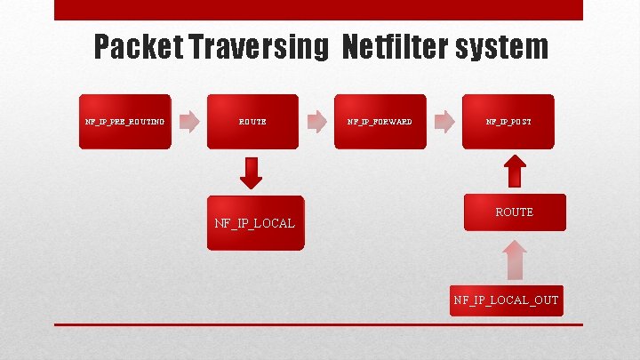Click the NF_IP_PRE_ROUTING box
124,121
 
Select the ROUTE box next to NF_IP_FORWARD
252,121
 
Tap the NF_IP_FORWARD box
380,121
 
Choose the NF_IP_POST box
508,121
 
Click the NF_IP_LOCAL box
254,222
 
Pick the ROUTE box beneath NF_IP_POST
515,212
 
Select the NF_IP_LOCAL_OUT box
506,300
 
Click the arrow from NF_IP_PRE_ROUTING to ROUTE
188,121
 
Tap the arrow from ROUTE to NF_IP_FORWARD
316,121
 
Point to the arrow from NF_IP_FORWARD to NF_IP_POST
444,121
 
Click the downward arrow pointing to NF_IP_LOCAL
252,172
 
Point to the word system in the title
504,46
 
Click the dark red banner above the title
318,10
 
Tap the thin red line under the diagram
318,324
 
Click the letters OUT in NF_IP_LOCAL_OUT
546,300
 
